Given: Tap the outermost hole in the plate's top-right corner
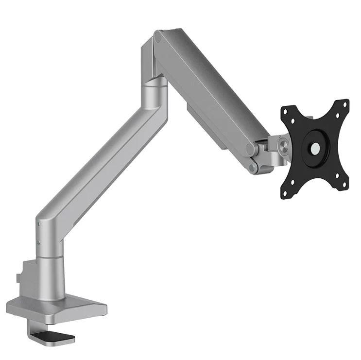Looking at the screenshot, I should tap(346, 103).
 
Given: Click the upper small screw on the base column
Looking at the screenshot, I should tap(38, 224).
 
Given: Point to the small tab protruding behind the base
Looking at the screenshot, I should tap(18, 278).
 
